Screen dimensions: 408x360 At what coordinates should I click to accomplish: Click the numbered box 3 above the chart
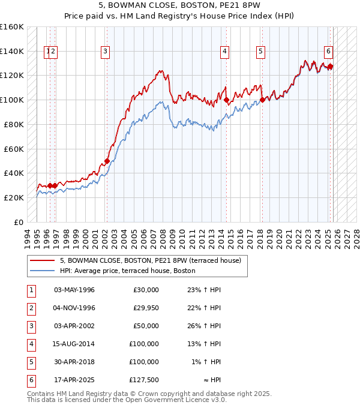[105, 52]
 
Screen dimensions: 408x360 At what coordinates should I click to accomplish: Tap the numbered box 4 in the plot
[224, 52]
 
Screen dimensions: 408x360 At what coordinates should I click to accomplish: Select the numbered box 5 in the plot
[261, 52]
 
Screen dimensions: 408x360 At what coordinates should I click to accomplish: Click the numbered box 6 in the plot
[329, 52]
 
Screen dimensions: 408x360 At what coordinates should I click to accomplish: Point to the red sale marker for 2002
[107, 161]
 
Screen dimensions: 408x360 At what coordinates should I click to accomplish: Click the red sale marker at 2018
[262, 100]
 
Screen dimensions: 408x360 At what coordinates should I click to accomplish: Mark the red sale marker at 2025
[330, 66]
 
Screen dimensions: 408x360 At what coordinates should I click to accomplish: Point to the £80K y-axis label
[14, 124]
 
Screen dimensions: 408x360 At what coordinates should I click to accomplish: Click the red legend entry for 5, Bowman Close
[150, 261]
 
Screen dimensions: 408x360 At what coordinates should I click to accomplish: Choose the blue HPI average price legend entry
[127, 271]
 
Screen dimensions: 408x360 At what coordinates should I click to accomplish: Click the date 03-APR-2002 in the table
[74, 326]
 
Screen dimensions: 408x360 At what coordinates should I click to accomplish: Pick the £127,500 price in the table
[144, 380]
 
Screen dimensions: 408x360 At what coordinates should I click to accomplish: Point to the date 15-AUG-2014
[74, 344]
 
